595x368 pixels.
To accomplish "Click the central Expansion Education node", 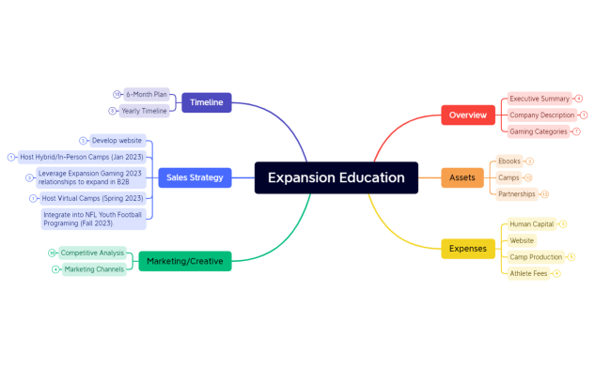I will click(336, 177).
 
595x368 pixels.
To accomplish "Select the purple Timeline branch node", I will click(206, 102).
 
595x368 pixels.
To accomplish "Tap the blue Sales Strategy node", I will click(195, 176).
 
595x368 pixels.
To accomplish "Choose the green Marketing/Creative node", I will click(184, 261).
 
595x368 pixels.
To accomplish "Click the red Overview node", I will click(467, 115).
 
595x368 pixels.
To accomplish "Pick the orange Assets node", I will click(462, 177).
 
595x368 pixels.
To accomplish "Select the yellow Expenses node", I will click(467, 249).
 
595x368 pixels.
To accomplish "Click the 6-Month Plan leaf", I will click(146, 95).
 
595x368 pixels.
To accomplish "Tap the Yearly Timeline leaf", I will click(144, 111).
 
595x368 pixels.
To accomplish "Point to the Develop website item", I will click(117, 141).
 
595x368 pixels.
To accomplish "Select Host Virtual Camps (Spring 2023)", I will click(90, 198).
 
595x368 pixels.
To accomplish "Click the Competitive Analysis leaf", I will click(92, 253).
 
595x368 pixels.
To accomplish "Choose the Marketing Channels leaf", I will click(94, 269).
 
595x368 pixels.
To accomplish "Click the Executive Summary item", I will click(540, 99).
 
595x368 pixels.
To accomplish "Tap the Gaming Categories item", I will click(538, 131).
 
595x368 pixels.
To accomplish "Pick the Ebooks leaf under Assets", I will click(509, 161).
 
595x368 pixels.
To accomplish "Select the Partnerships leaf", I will click(517, 194).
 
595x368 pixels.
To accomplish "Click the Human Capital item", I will click(530, 224).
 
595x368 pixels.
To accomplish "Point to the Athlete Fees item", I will click(527, 273).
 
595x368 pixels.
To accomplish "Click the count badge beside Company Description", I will click(584, 115).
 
